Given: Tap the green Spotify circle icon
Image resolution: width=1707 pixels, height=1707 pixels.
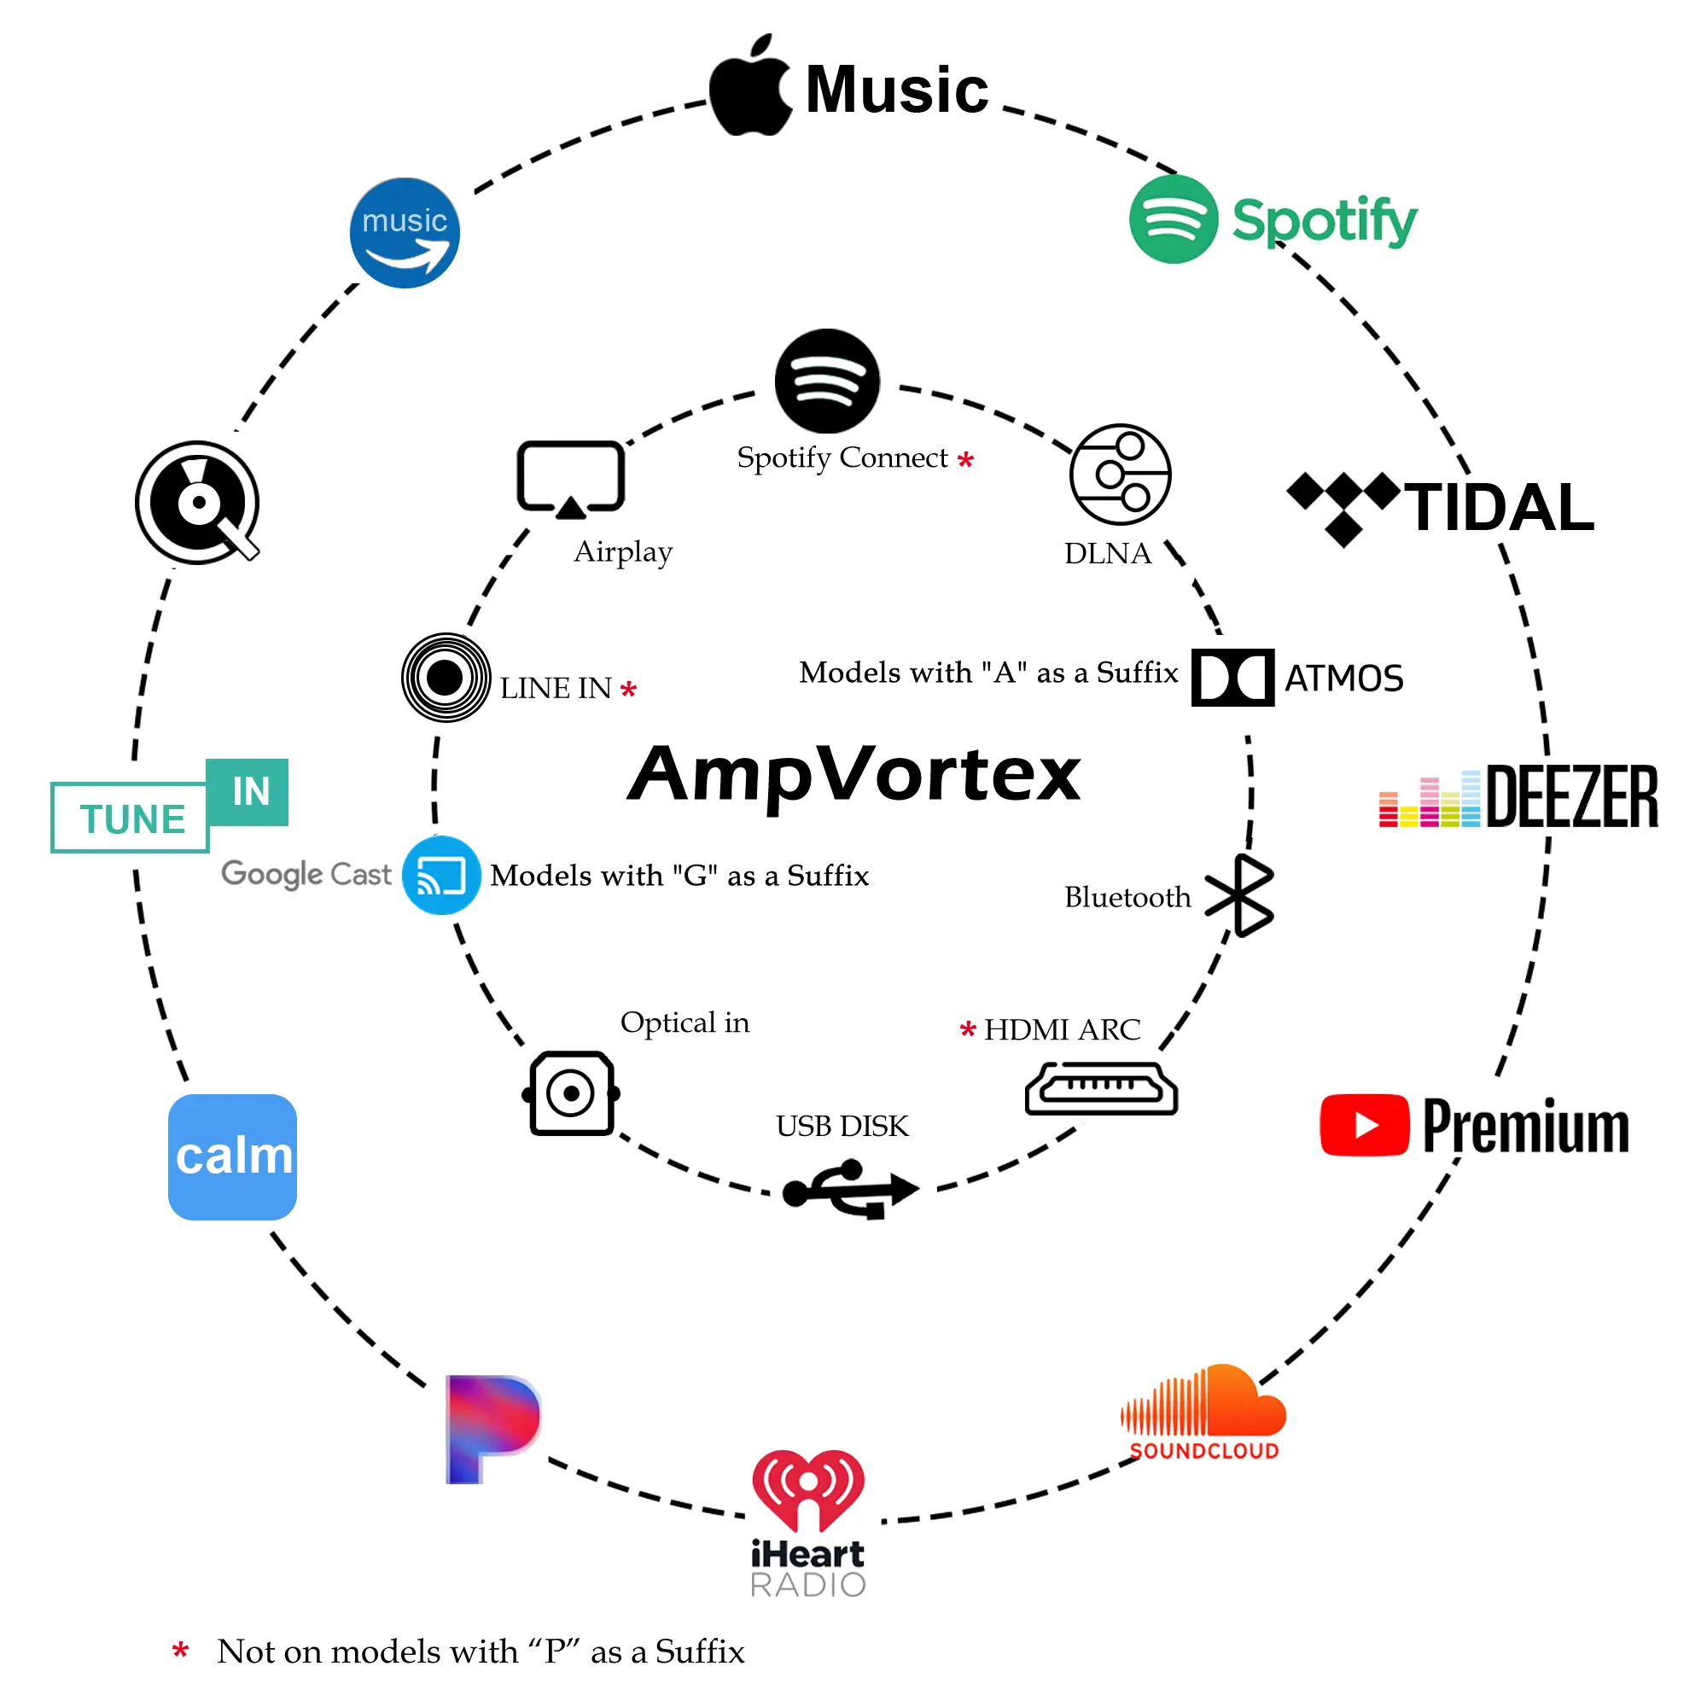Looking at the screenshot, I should [x=1174, y=219].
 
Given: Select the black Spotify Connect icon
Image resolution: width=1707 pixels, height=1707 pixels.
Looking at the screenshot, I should [x=827, y=381].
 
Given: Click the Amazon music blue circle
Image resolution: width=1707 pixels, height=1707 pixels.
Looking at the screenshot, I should [x=405, y=233].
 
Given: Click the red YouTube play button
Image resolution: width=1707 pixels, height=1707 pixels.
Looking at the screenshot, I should [x=1364, y=1125].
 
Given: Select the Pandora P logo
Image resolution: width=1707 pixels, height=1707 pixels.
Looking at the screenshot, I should [x=492, y=1429].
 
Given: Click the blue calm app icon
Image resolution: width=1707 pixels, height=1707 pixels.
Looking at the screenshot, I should [x=232, y=1156].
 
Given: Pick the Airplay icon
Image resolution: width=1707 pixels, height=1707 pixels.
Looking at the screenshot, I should [x=571, y=479].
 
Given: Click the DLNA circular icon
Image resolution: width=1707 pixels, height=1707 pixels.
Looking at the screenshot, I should [x=1120, y=475].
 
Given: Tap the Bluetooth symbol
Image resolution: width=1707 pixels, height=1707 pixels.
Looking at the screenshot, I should [x=1240, y=895].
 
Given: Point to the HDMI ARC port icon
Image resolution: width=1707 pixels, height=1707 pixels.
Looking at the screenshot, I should [x=1101, y=1088].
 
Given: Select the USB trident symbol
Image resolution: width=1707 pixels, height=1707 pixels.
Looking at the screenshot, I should [x=850, y=1189].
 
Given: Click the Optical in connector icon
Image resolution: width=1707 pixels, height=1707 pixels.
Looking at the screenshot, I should [x=571, y=1093].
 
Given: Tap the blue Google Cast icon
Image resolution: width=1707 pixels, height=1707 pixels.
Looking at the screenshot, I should [x=441, y=875].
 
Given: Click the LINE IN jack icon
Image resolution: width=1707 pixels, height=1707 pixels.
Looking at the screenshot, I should [x=446, y=678].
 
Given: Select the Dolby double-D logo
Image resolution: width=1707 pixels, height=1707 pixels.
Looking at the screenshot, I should [x=1232, y=678].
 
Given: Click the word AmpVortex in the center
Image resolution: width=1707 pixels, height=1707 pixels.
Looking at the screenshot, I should [x=853, y=774].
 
